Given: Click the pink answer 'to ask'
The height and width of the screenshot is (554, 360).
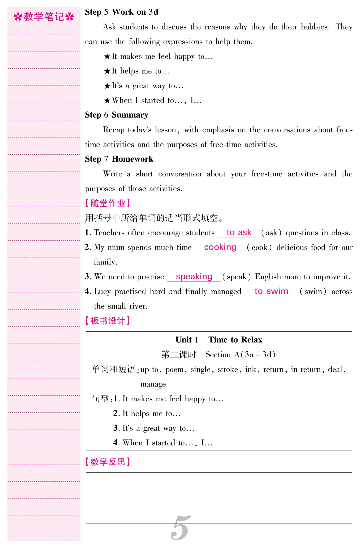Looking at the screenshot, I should point(239,232).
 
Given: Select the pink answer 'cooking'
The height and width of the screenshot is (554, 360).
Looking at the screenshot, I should point(220,247).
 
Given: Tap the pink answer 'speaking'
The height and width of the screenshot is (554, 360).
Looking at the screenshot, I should point(194,276).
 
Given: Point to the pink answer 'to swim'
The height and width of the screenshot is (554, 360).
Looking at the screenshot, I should point(271,291).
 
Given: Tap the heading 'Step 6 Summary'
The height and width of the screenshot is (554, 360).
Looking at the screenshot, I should point(116,115).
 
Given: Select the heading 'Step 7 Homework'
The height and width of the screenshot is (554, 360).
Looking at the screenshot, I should point(119,159).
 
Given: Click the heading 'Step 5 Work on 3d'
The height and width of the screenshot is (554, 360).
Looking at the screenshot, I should point(121,12).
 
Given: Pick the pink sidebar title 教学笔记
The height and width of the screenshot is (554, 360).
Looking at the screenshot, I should point(44,17).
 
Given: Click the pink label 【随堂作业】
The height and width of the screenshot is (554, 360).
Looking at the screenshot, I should point(108,203).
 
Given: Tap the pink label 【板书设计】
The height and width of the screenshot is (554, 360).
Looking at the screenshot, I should point(108,321).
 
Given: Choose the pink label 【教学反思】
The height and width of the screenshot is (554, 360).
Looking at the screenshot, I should point(108,462).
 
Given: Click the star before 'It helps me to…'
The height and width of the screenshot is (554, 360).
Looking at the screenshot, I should point(107,71).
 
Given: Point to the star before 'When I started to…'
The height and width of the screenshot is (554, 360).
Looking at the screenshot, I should point(107,101).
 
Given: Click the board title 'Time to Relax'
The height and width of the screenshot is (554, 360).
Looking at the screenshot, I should point(235,340).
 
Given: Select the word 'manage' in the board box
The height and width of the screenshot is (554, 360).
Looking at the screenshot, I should point(153,384).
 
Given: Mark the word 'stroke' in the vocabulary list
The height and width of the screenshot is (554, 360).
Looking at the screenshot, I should point(228,369).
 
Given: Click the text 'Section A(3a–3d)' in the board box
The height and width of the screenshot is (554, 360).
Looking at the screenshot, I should point(240,354).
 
